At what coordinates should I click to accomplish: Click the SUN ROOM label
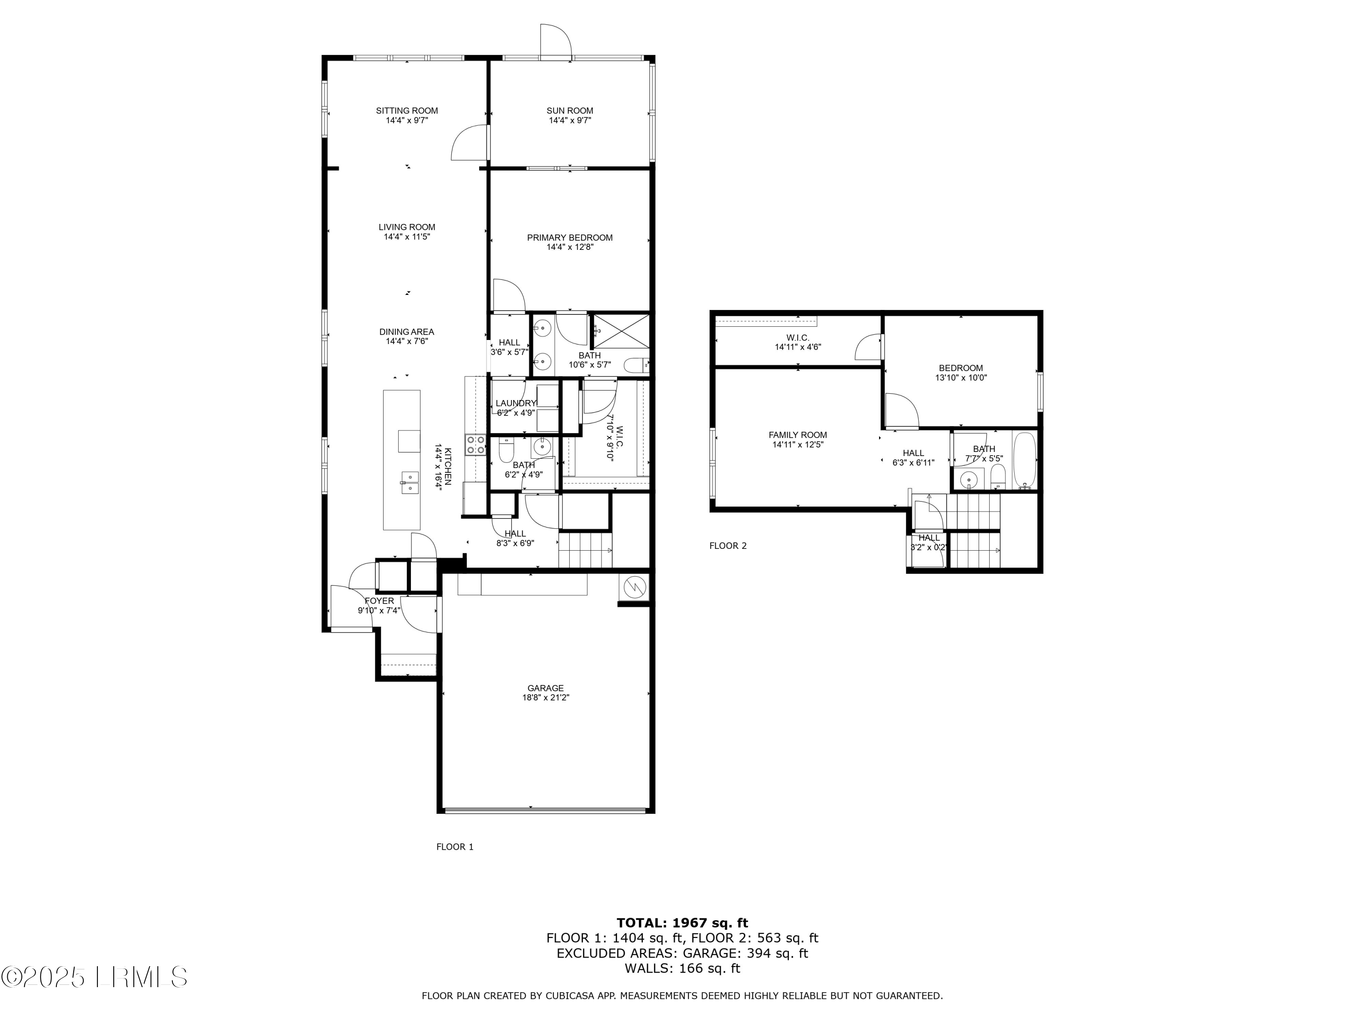(x=570, y=111)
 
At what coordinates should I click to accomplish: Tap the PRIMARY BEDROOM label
(x=570, y=238)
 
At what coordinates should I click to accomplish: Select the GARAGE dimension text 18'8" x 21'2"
(x=545, y=698)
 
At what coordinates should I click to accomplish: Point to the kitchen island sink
(x=409, y=482)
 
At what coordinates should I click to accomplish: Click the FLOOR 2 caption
(x=728, y=546)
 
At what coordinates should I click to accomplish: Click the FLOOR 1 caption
(x=455, y=847)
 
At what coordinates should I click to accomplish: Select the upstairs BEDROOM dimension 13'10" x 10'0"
(x=961, y=378)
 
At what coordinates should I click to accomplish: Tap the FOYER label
(x=379, y=601)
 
